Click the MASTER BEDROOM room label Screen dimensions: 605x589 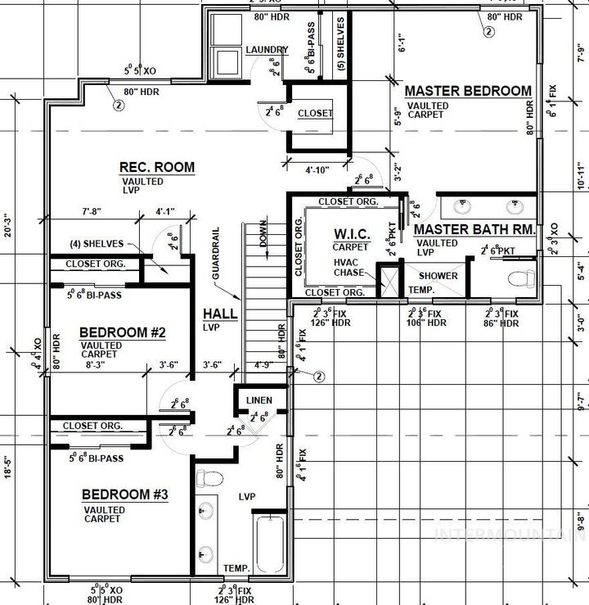click(468, 91)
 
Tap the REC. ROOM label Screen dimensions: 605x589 click(157, 168)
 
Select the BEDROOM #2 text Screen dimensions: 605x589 click(123, 333)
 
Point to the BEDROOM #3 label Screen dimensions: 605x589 click(124, 494)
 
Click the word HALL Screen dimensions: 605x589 click(220, 314)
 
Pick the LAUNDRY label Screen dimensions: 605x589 click(267, 50)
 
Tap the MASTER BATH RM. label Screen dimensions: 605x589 click(474, 230)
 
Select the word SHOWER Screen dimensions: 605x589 click(438, 276)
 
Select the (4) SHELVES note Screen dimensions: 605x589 click(97, 244)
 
